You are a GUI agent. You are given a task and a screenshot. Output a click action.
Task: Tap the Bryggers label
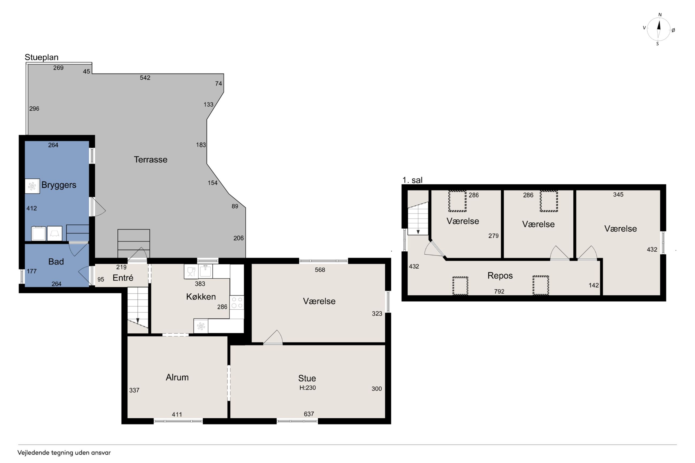click(59, 185)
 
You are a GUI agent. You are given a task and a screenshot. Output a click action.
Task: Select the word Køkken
click(201, 297)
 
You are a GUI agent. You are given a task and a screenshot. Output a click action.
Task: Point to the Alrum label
click(177, 377)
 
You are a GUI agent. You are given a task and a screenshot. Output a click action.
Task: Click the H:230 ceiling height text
click(307, 388)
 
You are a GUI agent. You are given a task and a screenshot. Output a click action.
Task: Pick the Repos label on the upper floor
click(500, 276)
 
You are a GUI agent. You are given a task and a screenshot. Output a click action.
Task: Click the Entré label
click(123, 278)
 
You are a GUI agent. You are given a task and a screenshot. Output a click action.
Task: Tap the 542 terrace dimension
click(145, 78)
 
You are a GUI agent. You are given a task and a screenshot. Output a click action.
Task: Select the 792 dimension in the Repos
click(499, 291)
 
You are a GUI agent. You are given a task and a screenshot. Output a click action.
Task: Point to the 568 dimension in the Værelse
click(320, 270)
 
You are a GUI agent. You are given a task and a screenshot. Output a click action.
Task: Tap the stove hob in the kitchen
click(237, 303)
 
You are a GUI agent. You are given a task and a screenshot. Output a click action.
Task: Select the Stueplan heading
click(41, 57)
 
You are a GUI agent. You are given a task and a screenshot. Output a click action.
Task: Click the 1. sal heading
click(412, 180)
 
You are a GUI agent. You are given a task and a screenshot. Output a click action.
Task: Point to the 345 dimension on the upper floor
click(618, 194)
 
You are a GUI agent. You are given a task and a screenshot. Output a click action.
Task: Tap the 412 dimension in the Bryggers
click(32, 208)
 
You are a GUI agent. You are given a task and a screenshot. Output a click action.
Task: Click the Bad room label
click(56, 262)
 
